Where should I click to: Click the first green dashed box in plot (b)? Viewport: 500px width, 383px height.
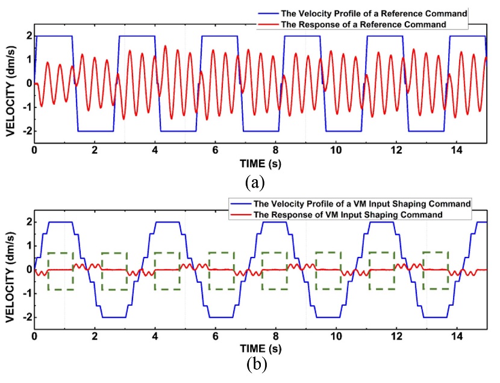pos(60,271)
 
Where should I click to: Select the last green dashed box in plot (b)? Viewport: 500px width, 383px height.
pos(436,270)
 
